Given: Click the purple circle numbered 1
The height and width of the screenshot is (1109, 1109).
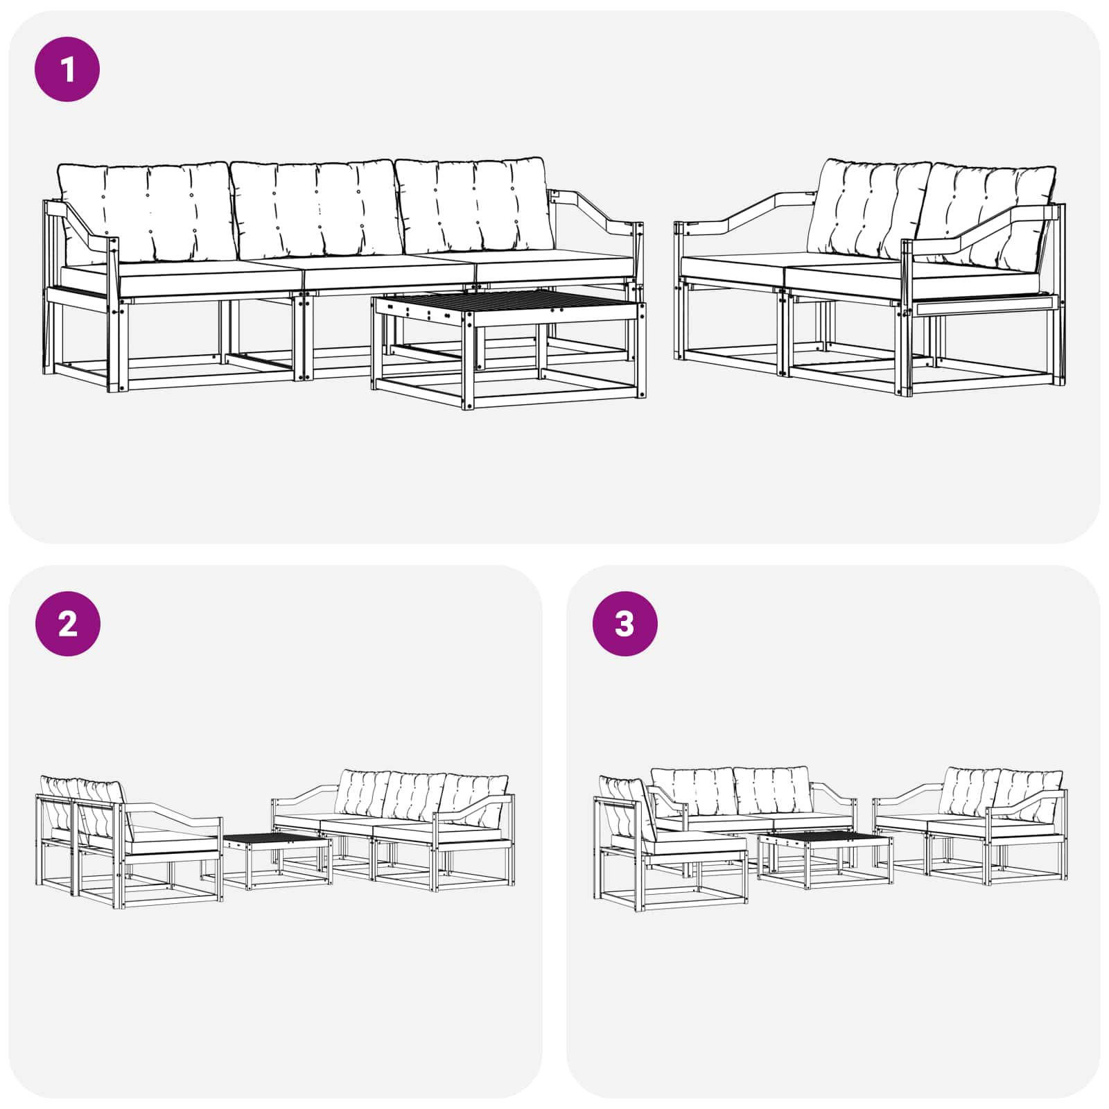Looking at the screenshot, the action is (x=67, y=69).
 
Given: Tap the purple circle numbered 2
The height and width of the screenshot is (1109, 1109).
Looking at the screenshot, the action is (x=67, y=624).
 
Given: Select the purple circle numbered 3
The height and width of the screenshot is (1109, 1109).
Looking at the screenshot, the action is (x=625, y=624).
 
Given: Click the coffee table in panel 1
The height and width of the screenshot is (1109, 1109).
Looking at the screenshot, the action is (x=509, y=349).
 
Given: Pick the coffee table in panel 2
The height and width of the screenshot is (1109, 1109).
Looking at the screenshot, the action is (x=277, y=861).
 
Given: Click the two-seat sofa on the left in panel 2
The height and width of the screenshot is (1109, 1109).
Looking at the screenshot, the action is (x=129, y=843).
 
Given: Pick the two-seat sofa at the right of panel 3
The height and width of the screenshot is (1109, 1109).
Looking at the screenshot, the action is (x=970, y=826).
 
